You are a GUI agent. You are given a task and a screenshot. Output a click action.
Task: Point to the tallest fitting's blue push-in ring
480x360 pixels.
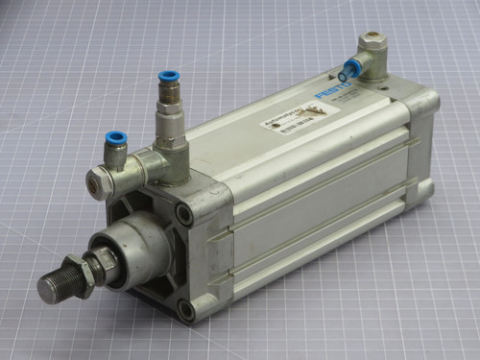(x=169, y=76)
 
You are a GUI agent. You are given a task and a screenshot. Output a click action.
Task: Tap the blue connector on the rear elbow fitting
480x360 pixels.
(x=349, y=68)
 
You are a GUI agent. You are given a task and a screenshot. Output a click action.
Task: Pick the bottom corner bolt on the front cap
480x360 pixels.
(x=186, y=309)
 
